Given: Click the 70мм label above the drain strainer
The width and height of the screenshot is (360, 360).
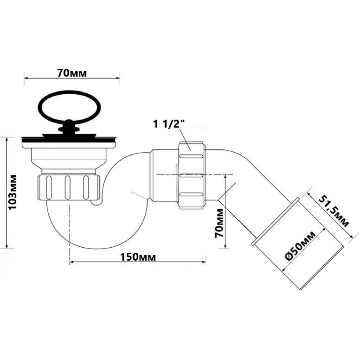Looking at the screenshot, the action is pos(72,73).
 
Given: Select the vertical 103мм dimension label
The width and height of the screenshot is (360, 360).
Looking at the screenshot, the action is pos(13,192).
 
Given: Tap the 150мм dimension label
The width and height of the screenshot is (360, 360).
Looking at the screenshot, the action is pos(138,257).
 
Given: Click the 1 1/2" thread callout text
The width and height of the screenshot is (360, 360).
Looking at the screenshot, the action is pos(169,124).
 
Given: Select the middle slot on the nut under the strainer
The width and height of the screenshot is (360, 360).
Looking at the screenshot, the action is pos(67,187).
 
